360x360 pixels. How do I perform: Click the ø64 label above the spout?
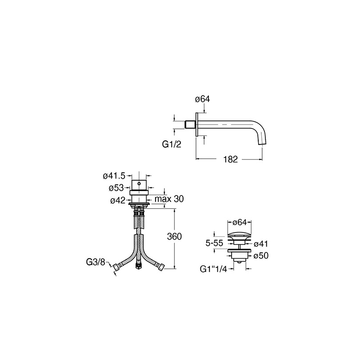(x=202, y=99)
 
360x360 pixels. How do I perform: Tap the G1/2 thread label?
(x=172, y=144)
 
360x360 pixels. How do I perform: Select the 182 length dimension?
(x=231, y=159)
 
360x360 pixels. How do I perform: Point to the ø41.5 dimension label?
(x=114, y=176)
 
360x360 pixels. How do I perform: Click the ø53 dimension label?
(x=116, y=188)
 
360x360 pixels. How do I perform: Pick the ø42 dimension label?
(x=118, y=200)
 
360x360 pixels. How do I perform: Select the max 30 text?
(x=169, y=199)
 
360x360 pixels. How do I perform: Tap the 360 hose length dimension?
(x=174, y=236)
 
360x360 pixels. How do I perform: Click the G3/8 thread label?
(x=96, y=262)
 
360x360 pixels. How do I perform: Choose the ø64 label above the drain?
(x=239, y=222)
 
